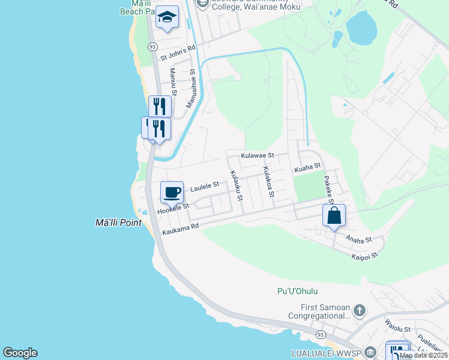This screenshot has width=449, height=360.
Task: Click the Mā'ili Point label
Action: point(119,223)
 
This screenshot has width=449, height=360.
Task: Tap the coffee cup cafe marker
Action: point(172,193)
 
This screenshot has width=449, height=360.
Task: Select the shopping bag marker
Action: point(334,215)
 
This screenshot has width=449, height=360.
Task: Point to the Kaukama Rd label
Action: point(181,230)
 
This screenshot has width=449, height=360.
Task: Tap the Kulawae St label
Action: point(257,155)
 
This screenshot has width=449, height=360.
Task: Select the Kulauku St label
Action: point(237,185)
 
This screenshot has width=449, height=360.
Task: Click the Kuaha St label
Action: point(307,168)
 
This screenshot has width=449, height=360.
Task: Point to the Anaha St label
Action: point(359,239)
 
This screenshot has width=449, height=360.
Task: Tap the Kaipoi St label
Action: point(365,255)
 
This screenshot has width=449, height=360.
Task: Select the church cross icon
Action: point(359,310)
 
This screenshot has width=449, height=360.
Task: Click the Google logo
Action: point(20,353)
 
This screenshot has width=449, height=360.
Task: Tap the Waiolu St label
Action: point(398,329)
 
